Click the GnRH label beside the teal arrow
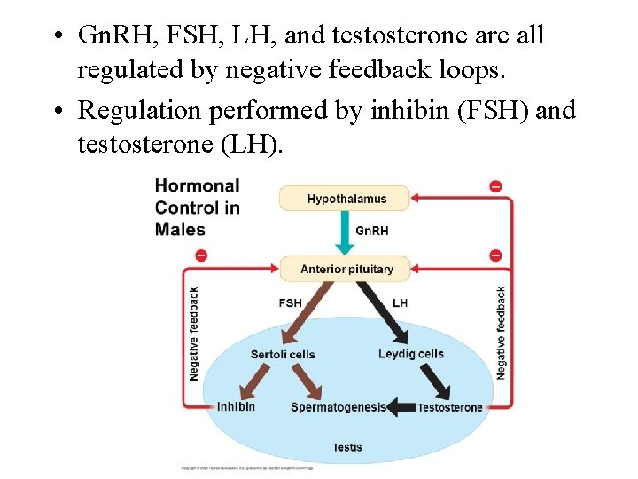(x=371, y=231)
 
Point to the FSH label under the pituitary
(x=290, y=302)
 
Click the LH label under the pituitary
(x=400, y=302)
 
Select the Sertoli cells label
(x=283, y=355)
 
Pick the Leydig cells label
(x=411, y=354)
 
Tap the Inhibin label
(x=236, y=406)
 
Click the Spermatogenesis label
(x=338, y=407)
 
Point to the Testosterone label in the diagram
(x=450, y=407)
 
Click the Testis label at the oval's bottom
(x=346, y=447)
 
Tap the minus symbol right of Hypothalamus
(x=495, y=185)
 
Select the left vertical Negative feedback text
(x=194, y=334)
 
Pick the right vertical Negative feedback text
(x=501, y=334)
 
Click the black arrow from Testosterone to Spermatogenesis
(x=401, y=407)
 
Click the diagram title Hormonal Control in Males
(x=197, y=208)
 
